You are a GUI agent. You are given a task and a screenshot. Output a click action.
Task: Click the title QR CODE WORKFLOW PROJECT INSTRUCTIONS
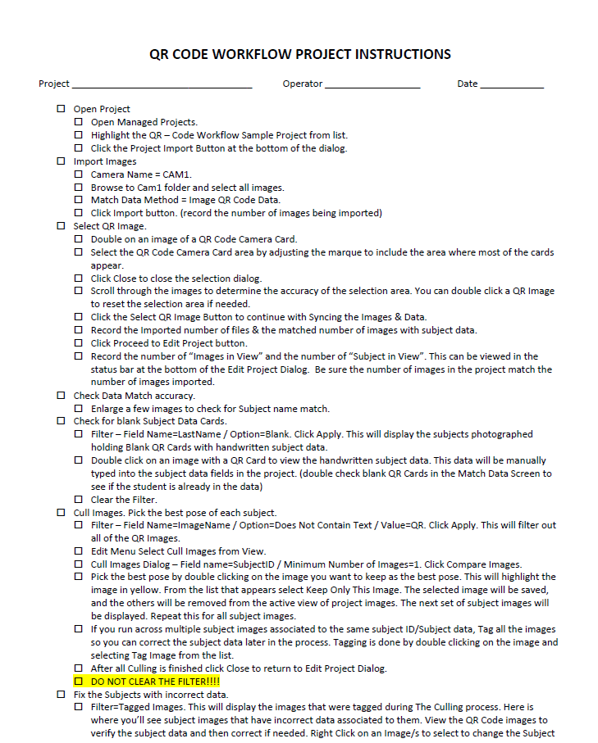click(x=299, y=55)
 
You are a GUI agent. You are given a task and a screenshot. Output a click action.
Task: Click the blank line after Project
click(x=162, y=84)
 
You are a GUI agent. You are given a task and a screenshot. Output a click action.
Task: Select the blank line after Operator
click(x=372, y=84)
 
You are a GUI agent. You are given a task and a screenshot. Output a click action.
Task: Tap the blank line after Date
click(x=511, y=84)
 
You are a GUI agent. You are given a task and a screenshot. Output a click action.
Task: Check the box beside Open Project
click(x=61, y=109)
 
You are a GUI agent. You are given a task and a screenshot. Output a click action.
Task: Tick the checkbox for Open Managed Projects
click(x=79, y=122)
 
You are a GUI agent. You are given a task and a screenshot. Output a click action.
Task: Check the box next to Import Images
click(x=61, y=161)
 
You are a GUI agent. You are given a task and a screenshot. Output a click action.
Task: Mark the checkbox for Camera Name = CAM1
click(x=79, y=174)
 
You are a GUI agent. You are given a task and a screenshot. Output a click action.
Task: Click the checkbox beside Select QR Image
click(x=61, y=226)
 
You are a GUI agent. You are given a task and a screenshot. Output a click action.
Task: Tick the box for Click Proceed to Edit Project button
click(x=79, y=343)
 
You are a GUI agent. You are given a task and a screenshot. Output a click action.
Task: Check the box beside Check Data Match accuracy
click(x=61, y=396)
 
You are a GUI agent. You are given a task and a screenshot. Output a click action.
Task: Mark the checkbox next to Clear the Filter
click(x=79, y=500)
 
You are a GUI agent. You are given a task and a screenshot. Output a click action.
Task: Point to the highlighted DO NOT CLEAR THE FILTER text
click(x=155, y=682)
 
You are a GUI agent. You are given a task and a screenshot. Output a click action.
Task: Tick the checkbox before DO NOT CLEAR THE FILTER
click(x=79, y=682)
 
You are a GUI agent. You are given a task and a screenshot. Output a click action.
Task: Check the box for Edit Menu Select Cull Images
click(x=79, y=551)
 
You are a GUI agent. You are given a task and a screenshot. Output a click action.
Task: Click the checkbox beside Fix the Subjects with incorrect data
click(x=61, y=695)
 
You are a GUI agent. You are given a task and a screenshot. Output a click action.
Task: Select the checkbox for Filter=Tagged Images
click(x=79, y=707)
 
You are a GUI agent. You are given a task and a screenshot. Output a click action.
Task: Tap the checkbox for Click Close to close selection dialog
click(x=79, y=279)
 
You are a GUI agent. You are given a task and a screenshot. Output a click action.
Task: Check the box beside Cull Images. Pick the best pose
click(x=61, y=513)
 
